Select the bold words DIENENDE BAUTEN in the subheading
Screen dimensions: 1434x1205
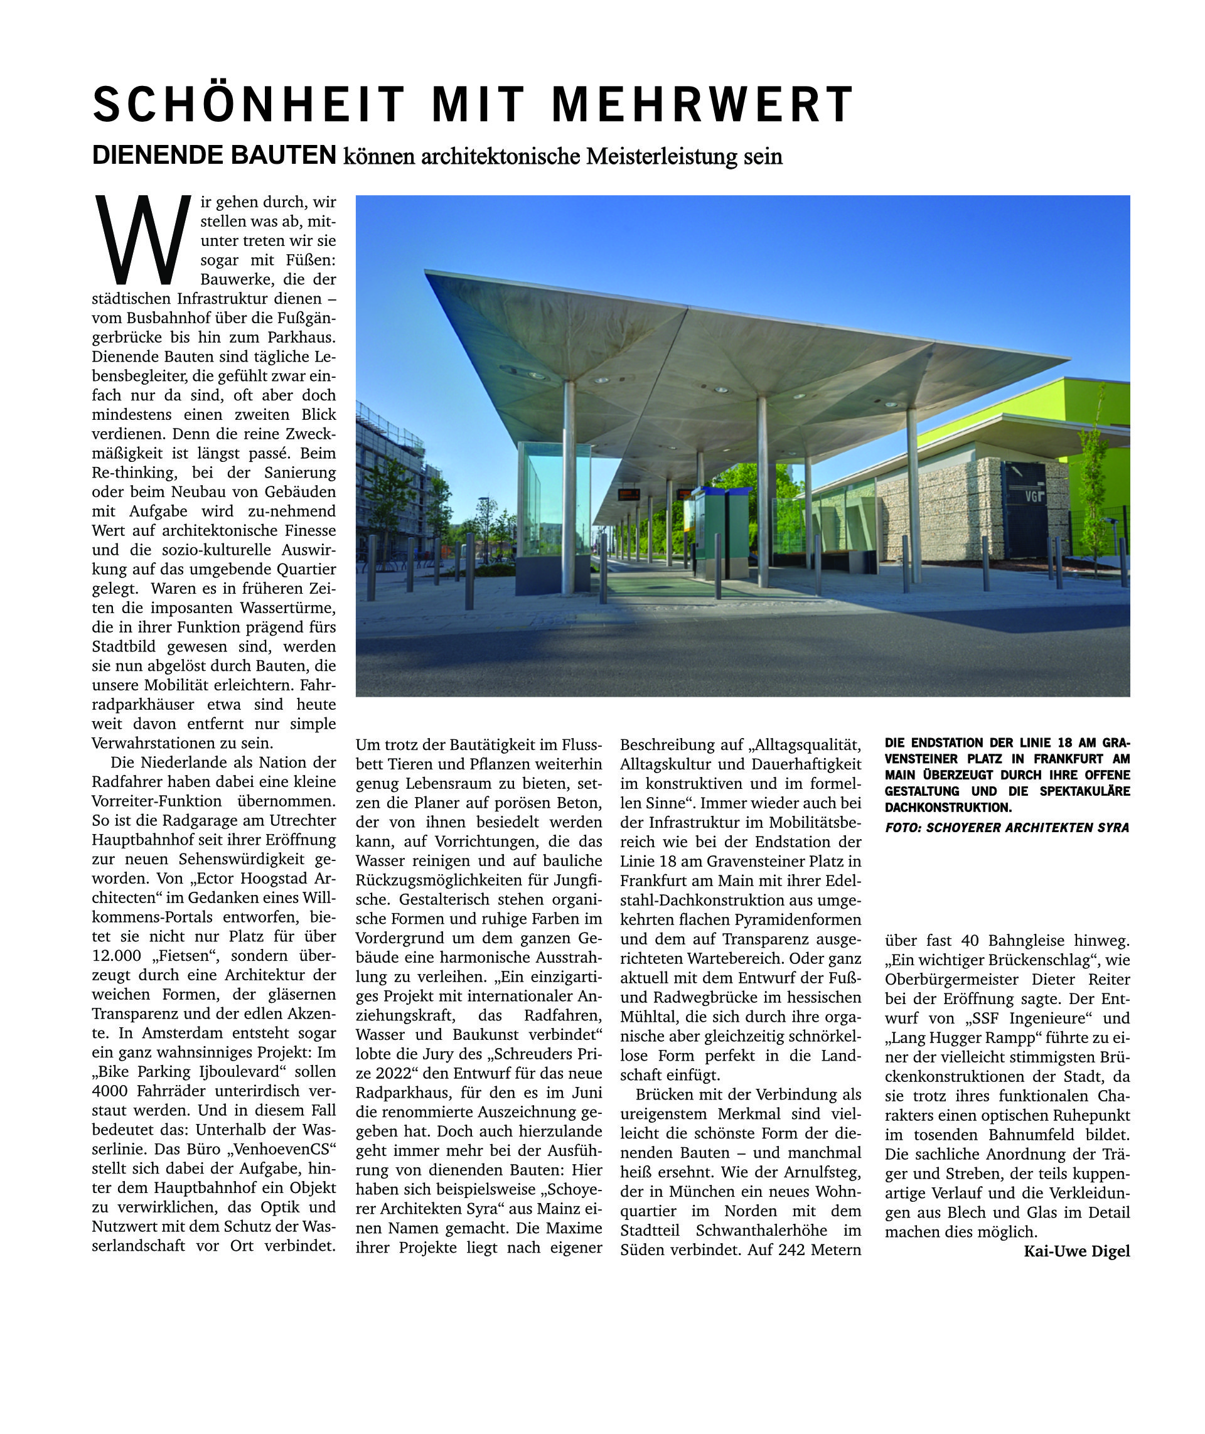(214, 155)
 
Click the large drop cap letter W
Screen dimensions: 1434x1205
(142, 240)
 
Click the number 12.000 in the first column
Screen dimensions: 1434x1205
(117, 956)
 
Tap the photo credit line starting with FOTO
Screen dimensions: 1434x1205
(1007, 827)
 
